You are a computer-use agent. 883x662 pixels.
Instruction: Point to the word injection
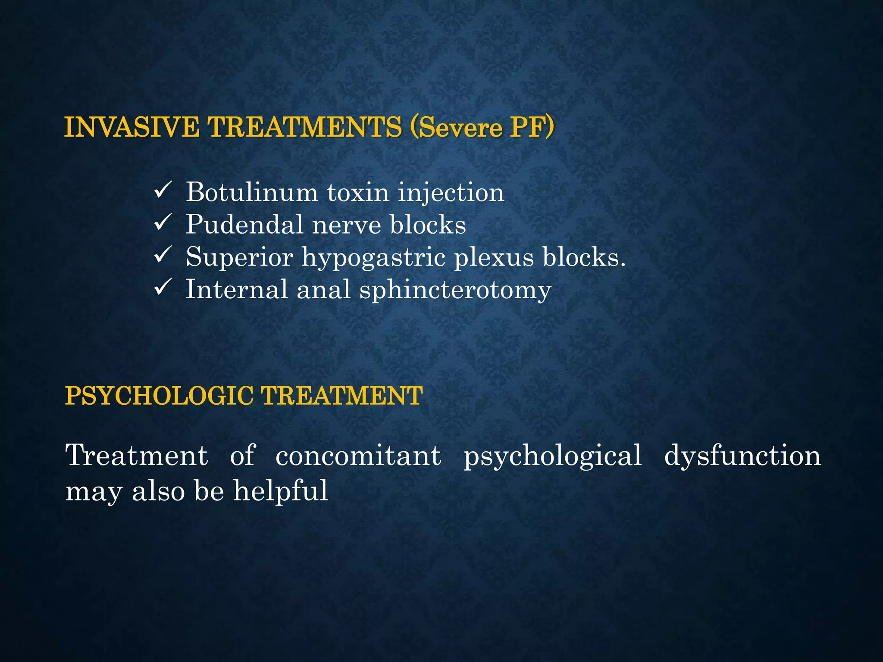pyautogui.click(x=451, y=193)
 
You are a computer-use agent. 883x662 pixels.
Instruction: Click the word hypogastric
pyautogui.click(x=374, y=257)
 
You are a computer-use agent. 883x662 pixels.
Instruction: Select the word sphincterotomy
pyautogui.click(x=455, y=290)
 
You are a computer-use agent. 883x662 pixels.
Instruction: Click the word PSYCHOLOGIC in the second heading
pyautogui.click(x=159, y=396)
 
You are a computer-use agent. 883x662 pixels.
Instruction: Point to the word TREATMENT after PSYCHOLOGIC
pyautogui.click(x=342, y=396)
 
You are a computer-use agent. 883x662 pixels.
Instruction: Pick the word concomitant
pyautogui.click(x=358, y=456)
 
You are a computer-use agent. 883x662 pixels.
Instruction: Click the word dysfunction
pyautogui.click(x=742, y=456)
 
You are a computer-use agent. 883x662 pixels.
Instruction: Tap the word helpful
pyautogui.click(x=281, y=491)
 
